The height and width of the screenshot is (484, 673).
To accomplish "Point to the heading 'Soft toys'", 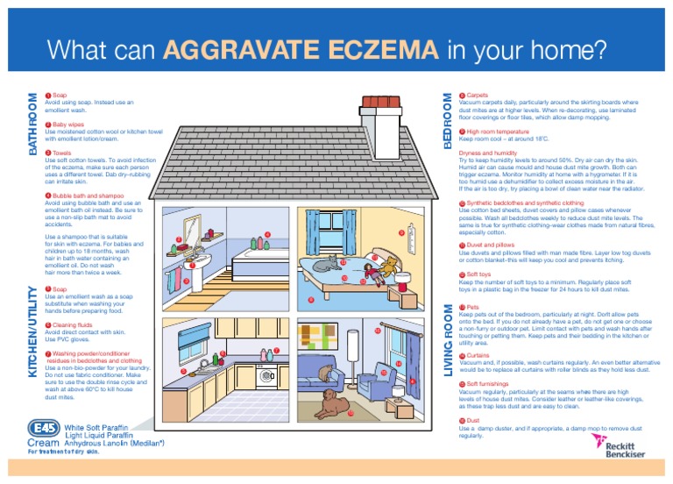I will click(x=478, y=274).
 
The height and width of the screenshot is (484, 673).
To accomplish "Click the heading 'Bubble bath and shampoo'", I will click(x=87, y=196).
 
